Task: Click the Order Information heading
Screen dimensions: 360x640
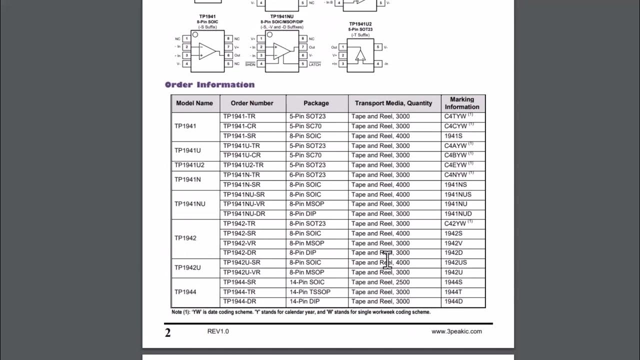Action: pyautogui.click(x=209, y=84)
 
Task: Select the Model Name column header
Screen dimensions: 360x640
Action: pyautogui.click(x=194, y=103)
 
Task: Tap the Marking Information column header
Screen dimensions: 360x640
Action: pyautogui.click(x=462, y=103)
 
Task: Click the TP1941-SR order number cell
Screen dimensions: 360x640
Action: pyautogui.click(x=239, y=136)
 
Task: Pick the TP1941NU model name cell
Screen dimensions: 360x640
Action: pyautogui.click(x=190, y=204)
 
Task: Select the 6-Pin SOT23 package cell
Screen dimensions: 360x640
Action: pyautogui.click(x=307, y=175)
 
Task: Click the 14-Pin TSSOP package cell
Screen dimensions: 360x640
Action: pyautogui.click(x=310, y=292)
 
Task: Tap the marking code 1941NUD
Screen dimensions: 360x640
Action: pyautogui.click(x=458, y=214)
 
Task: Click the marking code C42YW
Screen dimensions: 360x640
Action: pyautogui.click(x=455, y=223)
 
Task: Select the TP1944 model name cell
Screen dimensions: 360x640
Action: pyautogui.click(x=185, y=292)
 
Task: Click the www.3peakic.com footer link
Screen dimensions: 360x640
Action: pyautogui.click(x=456, y=331)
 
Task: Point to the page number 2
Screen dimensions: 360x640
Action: pyautogui.click(x=168, y=332)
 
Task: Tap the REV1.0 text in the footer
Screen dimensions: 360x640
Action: pyautogui.click(x=218, y=331)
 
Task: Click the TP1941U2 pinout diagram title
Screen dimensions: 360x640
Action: pyautogui.click(x=360, y=24)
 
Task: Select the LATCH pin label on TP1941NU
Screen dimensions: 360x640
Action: pyautogui.click(x=314, y=64)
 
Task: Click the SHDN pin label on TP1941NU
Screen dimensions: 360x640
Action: pyautogui.click(x=250, y=64)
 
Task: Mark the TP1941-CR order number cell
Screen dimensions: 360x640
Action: pyautogui.click(x=239, y=126)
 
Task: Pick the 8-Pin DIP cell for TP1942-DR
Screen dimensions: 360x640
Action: pyautogui.click(x=303, y=253)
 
